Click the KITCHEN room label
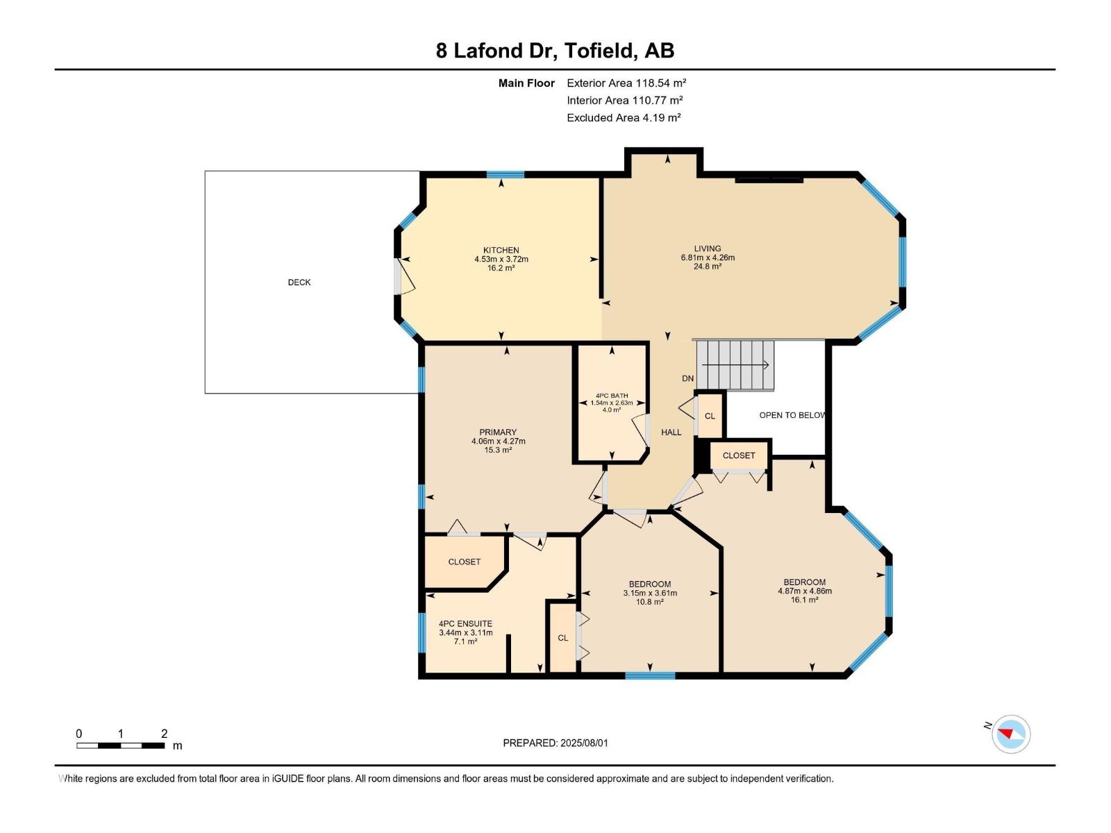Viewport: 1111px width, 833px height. (501, 250)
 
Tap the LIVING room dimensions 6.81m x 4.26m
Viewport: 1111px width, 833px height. (708, 258)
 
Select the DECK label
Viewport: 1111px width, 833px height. (299, 283)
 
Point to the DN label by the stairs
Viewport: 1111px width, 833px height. (687, 378)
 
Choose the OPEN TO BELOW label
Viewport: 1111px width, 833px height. (792, 415)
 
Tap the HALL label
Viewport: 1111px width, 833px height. (671, 432)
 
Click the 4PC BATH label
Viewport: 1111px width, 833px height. (611, 396)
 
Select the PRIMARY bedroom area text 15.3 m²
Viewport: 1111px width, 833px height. (498, 450)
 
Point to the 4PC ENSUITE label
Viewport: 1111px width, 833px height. (465, 623)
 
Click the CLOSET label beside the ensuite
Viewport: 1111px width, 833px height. (464, 562)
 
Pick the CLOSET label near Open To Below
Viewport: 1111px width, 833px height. (738, 455)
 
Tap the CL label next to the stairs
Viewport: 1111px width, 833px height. (710, 416)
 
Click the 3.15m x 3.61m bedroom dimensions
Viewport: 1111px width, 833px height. (649, 593)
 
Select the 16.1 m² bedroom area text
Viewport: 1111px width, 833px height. (804, 600)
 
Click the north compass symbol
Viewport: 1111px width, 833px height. (1010, 734)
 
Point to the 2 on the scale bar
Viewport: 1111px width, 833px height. (164, 734)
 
